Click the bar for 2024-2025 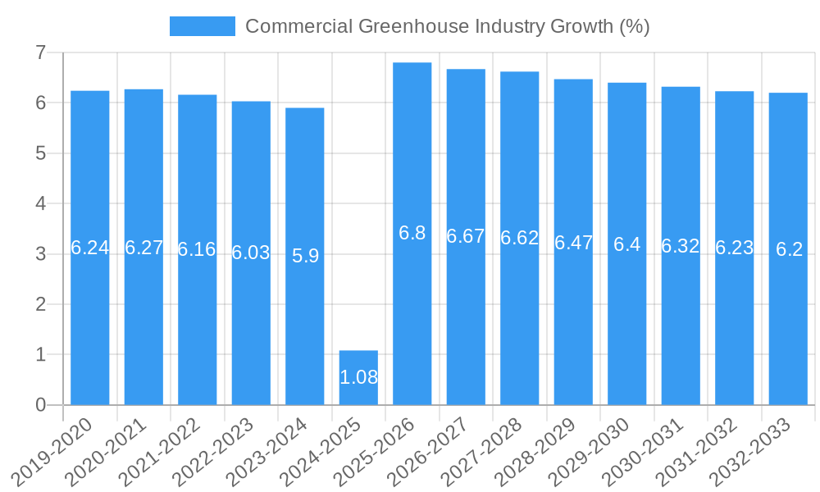(358, 378)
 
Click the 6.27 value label (143, 248)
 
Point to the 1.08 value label (358, 377)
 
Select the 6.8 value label (412, 233)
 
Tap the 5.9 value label (305, 256)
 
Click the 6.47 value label (573, 243)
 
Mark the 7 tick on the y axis (40, 52)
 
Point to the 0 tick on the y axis (40, 405)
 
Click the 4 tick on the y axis (40, 203)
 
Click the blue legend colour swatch (202, 26)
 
